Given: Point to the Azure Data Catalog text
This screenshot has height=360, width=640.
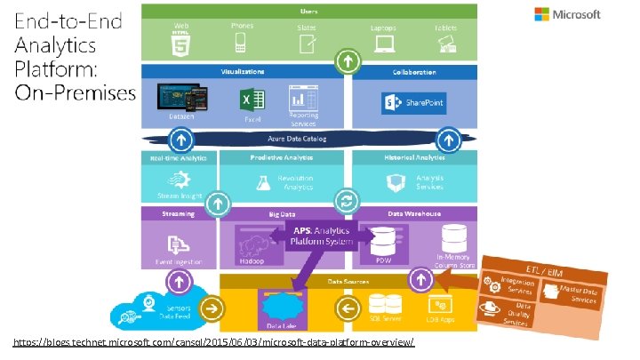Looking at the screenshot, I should click(x=297, y=139).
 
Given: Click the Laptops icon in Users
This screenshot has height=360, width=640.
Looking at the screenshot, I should click(x=384, y=42).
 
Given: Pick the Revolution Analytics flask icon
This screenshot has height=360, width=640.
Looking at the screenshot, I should click(x=262, y=182).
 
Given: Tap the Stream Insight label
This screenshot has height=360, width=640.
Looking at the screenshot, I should click(x=179, y=196).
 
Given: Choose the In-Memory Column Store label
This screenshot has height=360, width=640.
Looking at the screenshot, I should click(x=453, y=259).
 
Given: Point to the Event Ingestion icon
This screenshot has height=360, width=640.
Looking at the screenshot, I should click(x=179, y=242).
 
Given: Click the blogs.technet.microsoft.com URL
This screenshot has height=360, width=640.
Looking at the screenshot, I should click(x=213, y=343).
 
